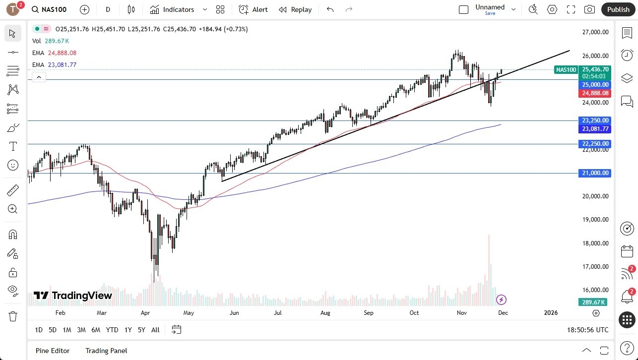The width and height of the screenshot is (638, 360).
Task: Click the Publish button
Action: [618, 9]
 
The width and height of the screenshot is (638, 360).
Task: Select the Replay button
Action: [295, 9]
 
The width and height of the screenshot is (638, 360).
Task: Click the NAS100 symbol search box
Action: [50, 9]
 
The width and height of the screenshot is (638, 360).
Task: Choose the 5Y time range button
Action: [141, 330]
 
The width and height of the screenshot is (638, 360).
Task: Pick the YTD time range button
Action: [112, 330]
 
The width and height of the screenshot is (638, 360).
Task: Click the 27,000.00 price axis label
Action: [595, 32]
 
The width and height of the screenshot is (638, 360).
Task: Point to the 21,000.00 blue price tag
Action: [594, 173]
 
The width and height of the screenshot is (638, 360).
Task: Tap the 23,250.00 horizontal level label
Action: [594, 120]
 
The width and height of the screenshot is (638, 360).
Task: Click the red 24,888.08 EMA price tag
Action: [594, 93]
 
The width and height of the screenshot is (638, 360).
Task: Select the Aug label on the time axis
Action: [325, 313]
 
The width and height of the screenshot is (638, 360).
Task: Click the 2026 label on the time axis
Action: [551, 313]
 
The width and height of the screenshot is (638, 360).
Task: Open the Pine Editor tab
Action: [53, 351]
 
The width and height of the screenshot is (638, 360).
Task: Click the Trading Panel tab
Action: [106, 351]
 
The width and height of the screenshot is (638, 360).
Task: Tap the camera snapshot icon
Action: [589, 9]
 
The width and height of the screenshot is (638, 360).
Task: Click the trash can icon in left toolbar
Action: [13, 316]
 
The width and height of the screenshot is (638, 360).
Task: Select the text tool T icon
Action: [13, 146]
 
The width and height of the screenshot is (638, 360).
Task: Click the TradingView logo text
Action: [73, 296]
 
